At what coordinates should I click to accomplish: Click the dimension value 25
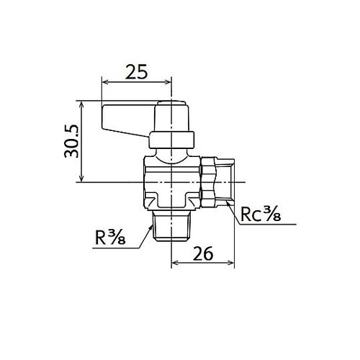[136, 71]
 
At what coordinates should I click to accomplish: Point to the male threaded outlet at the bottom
[171, 228]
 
